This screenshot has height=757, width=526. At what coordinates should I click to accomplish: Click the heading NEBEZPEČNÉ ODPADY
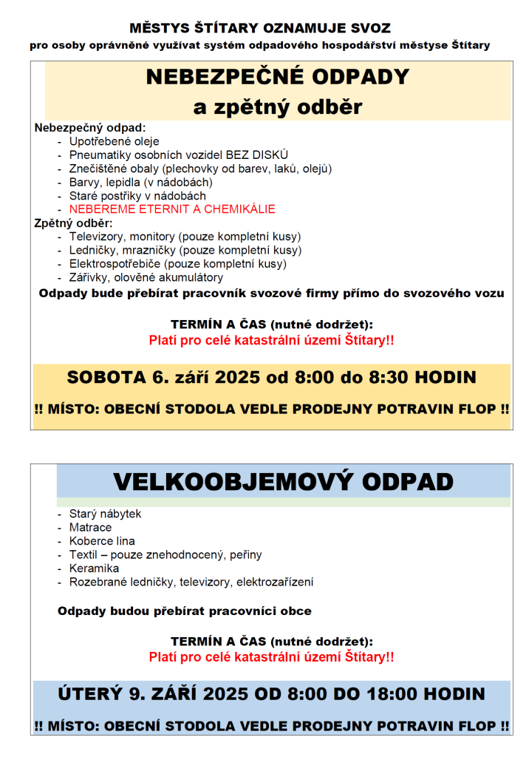[278, 78]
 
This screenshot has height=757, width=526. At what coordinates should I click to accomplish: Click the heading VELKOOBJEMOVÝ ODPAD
[283, 481]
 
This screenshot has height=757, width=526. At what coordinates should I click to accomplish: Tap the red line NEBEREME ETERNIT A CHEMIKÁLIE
[172, 209]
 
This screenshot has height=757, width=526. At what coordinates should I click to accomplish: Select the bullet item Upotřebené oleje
[114, 141]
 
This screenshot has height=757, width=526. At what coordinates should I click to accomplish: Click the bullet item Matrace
[90, 527]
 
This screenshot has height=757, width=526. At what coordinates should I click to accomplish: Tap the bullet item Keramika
[94, 568]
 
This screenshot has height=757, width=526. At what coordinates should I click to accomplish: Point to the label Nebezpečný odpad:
[90, 127]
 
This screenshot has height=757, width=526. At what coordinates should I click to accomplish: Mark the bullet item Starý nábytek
[105, 514]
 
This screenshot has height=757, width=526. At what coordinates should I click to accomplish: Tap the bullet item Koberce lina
[102, 541]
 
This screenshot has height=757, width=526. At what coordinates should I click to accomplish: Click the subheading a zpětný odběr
[278, 107]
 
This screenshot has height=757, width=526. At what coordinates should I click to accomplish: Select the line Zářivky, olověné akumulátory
[146, 277]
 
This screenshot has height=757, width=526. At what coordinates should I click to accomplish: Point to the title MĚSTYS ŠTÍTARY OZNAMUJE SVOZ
[260, 28]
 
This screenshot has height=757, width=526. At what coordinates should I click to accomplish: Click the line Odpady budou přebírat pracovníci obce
[184, 611]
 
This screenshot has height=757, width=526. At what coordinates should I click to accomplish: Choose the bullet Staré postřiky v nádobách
[137, 196]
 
